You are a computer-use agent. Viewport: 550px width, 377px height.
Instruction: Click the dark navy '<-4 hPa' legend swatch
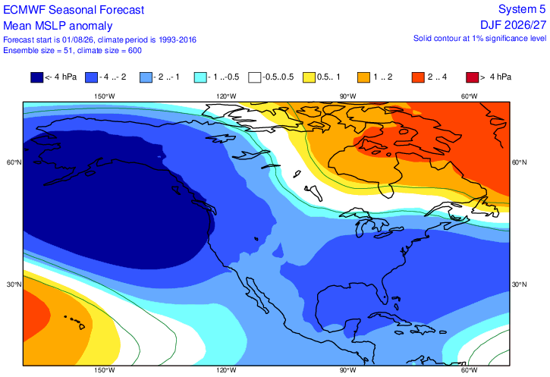click(x=37, y=77)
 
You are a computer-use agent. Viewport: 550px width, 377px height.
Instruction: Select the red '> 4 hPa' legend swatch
click(x=472, y=77)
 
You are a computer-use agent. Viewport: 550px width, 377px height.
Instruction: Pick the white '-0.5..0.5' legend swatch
click(x=254, y=77)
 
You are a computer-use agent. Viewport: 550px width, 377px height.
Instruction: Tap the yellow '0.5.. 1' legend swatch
click(x=309, y=77)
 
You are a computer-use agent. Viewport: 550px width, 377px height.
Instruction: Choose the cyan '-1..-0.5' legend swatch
click(x=200, y=77)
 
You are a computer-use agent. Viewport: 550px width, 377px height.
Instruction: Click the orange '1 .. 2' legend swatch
click(x=363, y=77)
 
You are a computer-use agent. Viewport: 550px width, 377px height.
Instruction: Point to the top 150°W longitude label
click(x=105, y=96)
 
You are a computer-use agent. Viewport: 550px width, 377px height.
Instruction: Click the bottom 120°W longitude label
click(x=226, y=370)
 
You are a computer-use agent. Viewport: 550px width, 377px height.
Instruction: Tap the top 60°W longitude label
click(x=470, y=96)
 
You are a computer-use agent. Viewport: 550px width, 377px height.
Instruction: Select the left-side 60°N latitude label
click(x=14, y=162)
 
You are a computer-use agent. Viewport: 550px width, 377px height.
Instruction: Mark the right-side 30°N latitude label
click(x=519, y=284)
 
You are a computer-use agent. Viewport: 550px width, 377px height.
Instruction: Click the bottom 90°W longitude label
click(x=347, y=370)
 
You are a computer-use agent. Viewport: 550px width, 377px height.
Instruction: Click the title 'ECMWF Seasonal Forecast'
click(x=74, y=10)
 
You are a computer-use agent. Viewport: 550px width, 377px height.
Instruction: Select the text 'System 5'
click(x=522, y=9)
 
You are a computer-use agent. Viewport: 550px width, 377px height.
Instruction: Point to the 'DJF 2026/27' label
click(x=513, y=25)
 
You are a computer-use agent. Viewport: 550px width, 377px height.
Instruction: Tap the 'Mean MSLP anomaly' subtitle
click(x=58, y=26)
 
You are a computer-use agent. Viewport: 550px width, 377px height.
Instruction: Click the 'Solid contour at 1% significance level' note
click(x=479, y=38)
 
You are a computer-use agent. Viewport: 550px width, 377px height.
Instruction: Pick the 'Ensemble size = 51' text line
click(x=38, y=51)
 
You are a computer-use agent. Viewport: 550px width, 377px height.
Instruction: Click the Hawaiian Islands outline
click(x=76, y=322)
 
